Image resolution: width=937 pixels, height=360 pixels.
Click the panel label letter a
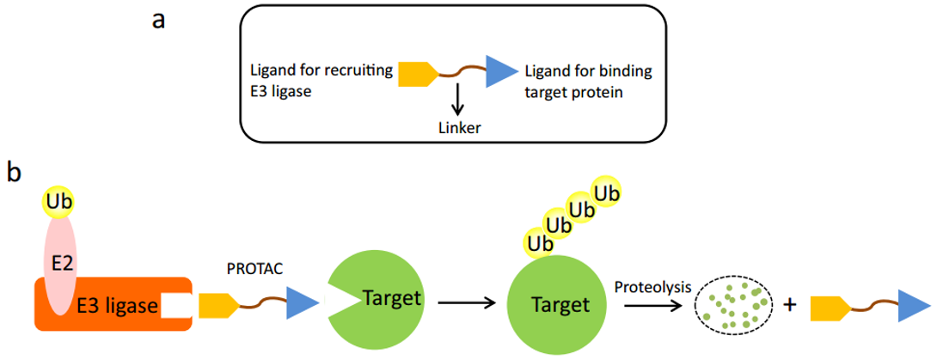pos(158,21)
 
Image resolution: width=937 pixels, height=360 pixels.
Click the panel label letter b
pos(15,172)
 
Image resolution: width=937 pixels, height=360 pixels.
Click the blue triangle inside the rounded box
pos(499,73)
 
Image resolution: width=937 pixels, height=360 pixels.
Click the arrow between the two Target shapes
pos(465,302)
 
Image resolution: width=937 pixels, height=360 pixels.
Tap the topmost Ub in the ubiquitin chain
pos(607,192)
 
